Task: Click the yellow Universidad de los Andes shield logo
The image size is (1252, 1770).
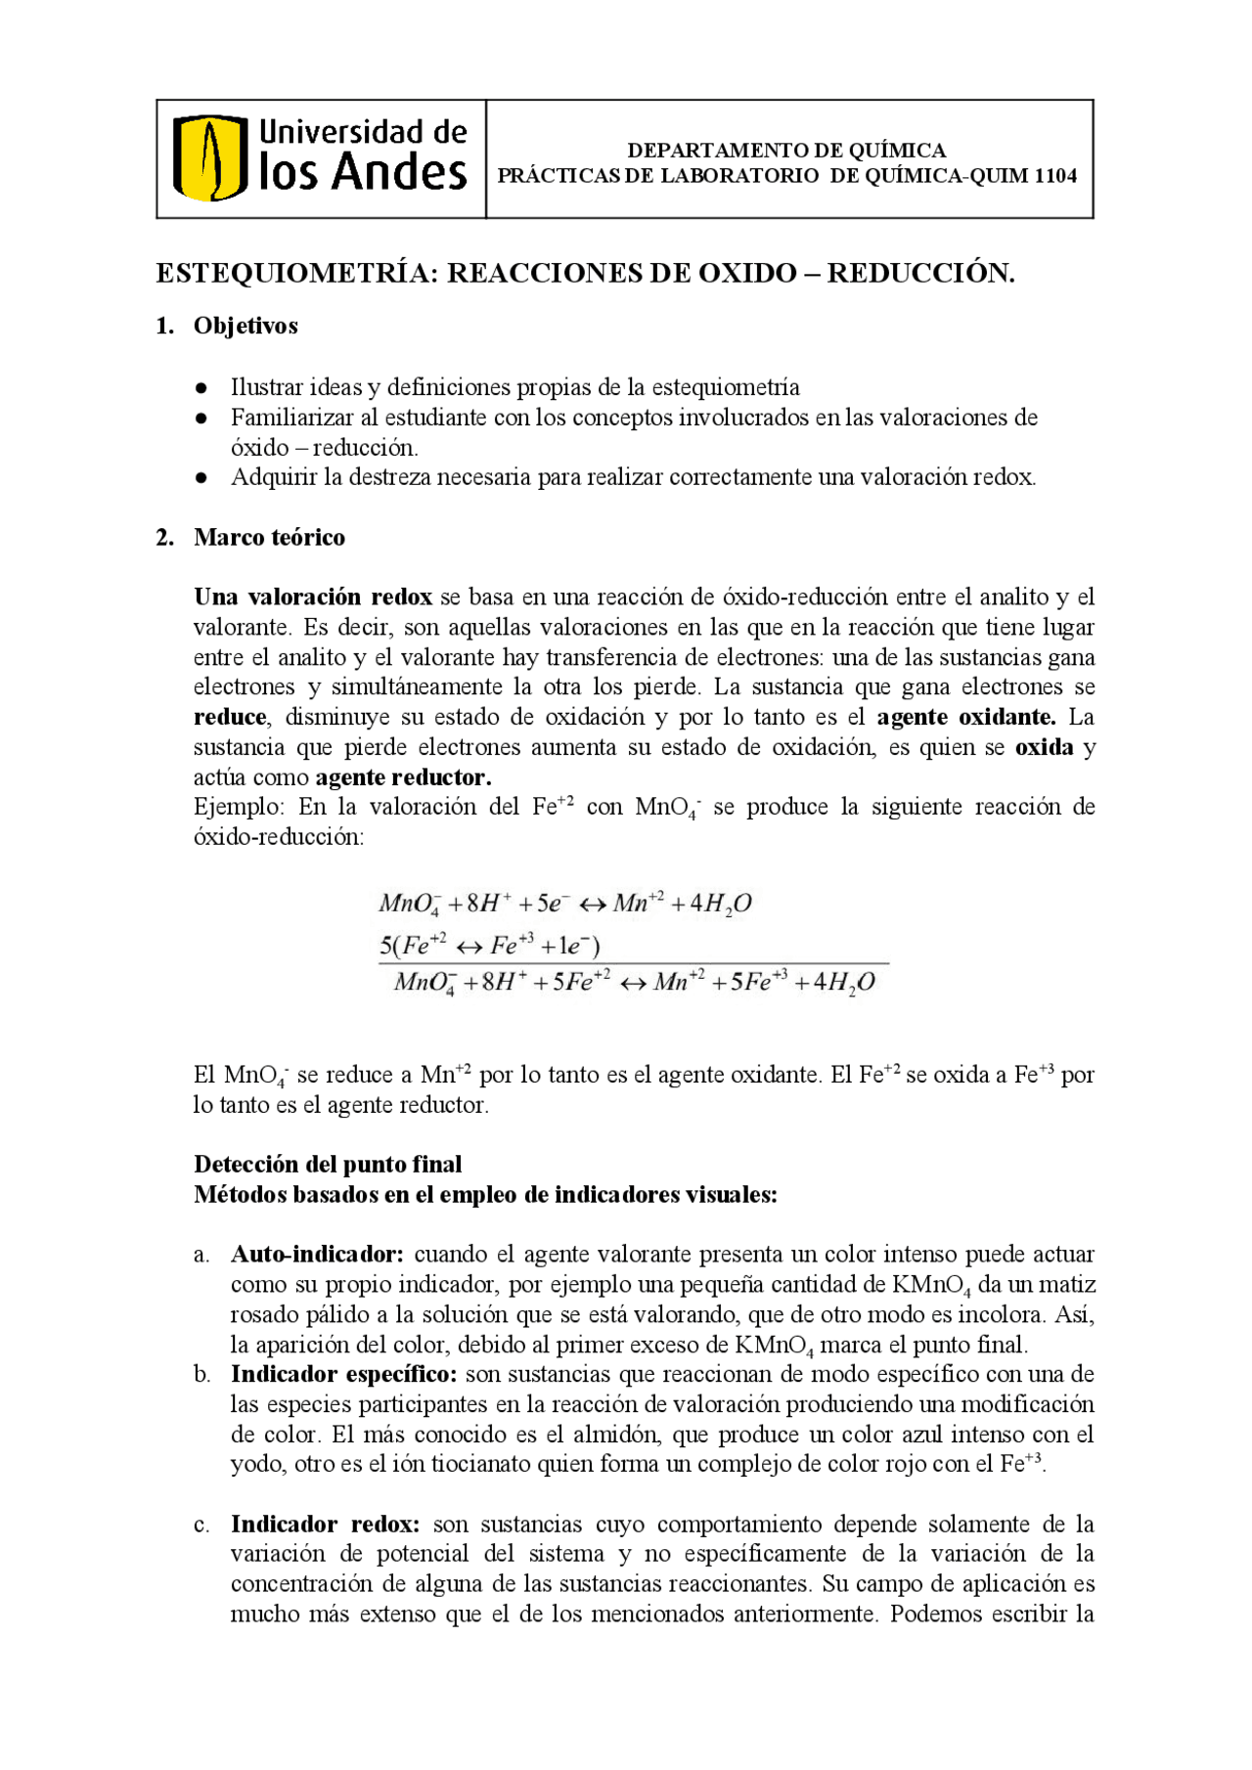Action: (x=209, y=158)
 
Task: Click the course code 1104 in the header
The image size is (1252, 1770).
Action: (x=1055, y=176)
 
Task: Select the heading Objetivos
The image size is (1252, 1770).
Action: (x=246, y=326)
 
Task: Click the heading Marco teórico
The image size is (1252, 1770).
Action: (x=269, y=537)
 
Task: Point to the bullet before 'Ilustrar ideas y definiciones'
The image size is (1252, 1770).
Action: (x=201, y=388)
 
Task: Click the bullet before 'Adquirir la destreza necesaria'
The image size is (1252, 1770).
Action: (x=201, y=478)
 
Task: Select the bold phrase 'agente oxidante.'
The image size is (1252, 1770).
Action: (x=965, y=717)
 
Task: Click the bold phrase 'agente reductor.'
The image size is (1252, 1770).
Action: (x=403, y=777)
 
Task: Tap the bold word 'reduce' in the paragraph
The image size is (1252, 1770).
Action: (x=230, y=717)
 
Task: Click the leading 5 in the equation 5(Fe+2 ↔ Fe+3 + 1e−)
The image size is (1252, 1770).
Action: (x=385, y=946)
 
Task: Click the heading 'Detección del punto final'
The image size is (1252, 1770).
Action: (x=328, y=1164)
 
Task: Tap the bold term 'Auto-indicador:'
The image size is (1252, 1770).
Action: (x=317, y=1254)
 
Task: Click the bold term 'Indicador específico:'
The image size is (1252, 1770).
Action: (x=343, y=1374)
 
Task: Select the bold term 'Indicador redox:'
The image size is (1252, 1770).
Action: (x=325, y=1524)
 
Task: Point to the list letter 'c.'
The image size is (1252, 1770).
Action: (x=201, y=1525)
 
